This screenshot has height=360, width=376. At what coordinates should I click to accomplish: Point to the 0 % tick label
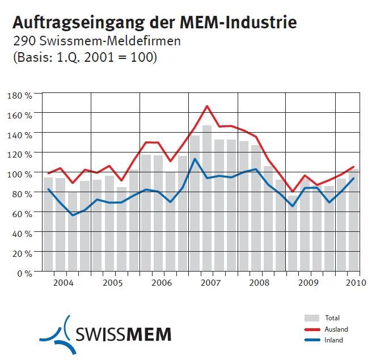[24, 273]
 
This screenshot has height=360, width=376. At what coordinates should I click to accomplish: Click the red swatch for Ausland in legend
[312, 329]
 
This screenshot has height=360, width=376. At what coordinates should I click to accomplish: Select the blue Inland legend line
[312, 340]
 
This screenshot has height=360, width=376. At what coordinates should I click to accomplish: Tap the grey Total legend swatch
[312, 318]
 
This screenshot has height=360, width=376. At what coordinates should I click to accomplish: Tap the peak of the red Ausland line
[208, 106]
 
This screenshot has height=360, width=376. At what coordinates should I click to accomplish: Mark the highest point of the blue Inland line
[195, 159]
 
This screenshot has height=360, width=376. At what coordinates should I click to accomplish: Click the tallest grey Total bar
[207, 198]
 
